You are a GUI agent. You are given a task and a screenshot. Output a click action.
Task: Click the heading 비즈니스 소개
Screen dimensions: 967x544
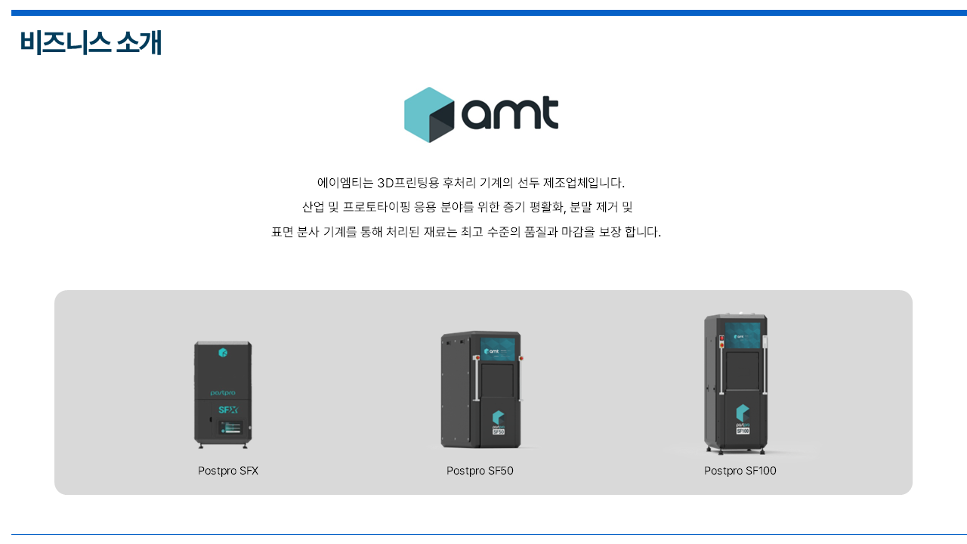[91, 42]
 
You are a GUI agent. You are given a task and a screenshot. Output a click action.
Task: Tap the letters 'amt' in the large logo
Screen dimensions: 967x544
[510, 114]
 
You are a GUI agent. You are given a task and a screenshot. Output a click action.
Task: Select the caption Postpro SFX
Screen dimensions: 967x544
[228, 471]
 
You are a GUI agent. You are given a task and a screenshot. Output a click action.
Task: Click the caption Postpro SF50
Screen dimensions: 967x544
[480, 471]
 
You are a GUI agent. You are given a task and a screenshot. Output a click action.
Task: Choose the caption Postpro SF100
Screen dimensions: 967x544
[740, 471]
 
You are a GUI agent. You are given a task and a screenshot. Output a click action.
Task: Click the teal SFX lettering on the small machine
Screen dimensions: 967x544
[227, 410]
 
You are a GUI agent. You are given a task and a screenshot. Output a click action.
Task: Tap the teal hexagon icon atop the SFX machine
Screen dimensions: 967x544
[223, 353]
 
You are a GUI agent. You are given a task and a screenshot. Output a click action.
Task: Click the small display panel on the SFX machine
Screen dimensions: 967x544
[230, 428]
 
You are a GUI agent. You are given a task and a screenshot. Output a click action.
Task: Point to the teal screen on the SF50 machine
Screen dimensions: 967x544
[498, 350]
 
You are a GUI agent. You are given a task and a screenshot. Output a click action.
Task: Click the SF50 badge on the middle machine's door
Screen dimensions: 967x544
[498, 432]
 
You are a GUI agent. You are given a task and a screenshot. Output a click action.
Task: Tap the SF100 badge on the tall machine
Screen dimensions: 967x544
[743, 430]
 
